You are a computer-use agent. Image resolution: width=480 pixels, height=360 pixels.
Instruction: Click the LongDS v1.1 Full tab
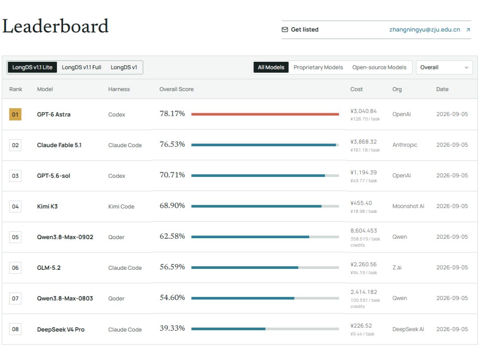pos(81,68)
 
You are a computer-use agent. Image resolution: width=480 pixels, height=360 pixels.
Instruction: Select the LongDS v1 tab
pos(124,68)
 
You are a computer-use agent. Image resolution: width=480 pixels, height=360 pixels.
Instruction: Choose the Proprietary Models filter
pos(318,68)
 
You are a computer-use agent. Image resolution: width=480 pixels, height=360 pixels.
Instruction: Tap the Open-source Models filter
pos(379,68)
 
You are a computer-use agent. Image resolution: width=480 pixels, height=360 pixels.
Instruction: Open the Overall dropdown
pos(444,68)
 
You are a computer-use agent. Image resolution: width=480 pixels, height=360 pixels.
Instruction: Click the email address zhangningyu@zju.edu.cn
pos(424,30)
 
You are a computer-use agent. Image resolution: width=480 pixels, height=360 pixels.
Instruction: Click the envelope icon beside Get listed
pos(285,30)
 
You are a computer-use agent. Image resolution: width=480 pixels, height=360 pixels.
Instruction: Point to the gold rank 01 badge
pos(15,115)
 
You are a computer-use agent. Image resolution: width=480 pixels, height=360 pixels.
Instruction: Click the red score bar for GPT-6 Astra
pos(265,114)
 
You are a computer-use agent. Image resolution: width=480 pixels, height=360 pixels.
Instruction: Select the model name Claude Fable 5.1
pos(60,145)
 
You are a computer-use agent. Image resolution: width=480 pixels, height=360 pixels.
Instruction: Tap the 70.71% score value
pos(172,175)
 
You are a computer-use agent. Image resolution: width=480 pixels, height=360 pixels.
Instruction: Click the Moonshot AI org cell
pos(408,206)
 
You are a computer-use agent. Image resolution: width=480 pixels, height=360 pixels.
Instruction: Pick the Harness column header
pos(119,89)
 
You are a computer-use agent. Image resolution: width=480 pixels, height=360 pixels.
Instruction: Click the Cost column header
pos(356,89)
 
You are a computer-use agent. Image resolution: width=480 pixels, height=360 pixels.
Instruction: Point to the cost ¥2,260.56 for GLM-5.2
pos(364,264)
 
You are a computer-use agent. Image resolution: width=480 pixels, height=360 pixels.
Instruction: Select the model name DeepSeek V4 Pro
pos(61,330)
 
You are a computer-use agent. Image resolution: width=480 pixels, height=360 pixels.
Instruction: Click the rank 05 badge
pos(15,237)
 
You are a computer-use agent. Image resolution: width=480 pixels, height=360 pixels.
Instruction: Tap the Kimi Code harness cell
pos(121,207)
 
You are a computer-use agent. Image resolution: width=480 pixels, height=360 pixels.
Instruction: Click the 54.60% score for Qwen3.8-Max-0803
pos(172,297)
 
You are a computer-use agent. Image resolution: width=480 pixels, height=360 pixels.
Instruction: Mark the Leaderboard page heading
pos(56,26)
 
